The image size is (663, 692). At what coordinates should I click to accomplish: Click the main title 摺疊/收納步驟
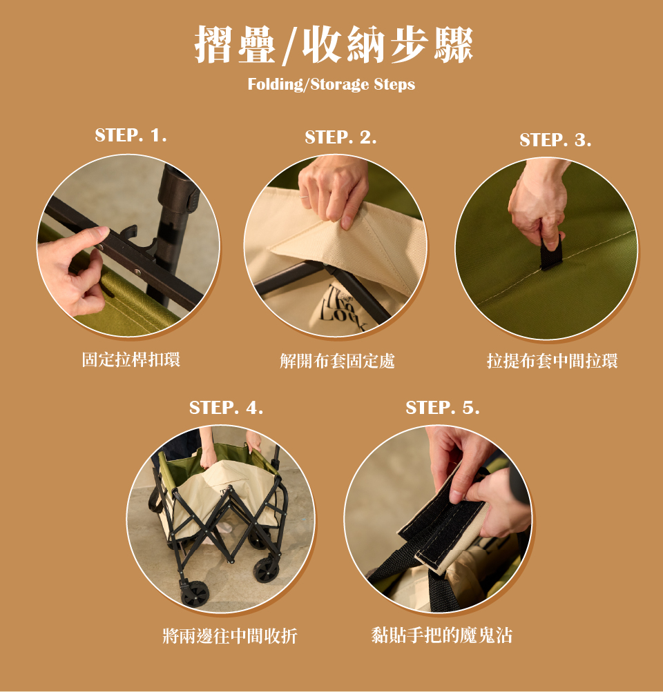334,44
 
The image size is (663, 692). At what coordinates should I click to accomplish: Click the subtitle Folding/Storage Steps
331,84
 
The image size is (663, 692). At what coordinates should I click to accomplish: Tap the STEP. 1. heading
131,135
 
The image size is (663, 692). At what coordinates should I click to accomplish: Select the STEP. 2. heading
340,137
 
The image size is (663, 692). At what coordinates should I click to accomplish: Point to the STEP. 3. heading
555,140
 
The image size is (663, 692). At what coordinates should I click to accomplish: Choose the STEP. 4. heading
226,407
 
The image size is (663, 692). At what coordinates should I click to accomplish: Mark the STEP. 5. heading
443,407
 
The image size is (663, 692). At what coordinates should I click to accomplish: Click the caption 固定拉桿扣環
131,359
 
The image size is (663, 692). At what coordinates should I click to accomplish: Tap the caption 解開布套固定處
338,361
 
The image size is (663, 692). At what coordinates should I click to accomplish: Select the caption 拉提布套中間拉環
552,361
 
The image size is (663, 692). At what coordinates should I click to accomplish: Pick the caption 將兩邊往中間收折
230,636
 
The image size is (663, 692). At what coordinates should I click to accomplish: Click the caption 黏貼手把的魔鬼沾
442,635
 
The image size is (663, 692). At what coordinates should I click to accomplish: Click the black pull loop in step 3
552,253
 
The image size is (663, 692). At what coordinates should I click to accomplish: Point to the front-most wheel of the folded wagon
194,593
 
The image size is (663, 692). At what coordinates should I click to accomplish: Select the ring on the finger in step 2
304,197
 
